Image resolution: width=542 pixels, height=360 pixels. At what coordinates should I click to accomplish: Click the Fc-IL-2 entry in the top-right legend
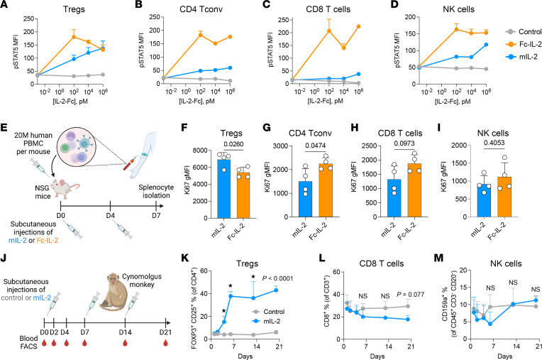[524, 44]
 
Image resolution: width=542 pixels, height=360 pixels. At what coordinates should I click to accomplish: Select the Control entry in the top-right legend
[524, 32]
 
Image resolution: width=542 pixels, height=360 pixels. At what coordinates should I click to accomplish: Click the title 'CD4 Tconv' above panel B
[201, 9]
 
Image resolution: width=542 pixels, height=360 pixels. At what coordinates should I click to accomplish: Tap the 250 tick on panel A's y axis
[28, 18]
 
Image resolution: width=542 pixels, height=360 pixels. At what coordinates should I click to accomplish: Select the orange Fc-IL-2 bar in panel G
[326, 190]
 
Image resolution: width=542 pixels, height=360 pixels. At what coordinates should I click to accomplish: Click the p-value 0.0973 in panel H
[404, 143]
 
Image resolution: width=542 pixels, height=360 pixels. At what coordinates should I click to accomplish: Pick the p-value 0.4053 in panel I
[494, 143]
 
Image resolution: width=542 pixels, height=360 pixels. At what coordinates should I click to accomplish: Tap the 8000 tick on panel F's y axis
[201, 151]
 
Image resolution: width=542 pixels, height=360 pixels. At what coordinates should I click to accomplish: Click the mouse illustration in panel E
[66, 187]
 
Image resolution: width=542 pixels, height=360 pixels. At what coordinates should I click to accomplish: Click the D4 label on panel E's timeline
[110, 216]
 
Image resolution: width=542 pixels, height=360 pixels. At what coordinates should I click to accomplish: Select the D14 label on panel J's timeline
[125, 332]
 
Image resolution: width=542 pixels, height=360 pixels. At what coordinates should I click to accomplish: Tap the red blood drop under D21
[165, 343]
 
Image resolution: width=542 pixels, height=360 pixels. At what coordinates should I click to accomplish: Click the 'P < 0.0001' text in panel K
[277, 278]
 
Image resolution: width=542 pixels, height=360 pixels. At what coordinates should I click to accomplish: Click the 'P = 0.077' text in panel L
[410, 295]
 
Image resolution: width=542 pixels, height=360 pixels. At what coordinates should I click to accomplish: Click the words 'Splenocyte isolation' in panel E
[156, 191]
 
